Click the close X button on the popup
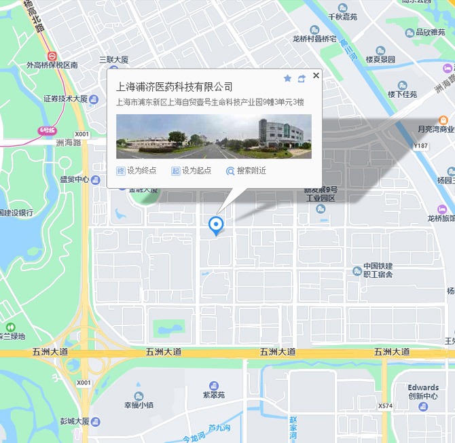pos(316,76)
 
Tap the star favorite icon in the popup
pos(287,79)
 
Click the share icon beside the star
pos(302,79)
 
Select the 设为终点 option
pos(136,171)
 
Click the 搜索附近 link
pos(246,171)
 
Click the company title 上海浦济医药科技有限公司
pos(175,87)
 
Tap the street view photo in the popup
pos(214,136)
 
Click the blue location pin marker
pos(216,225)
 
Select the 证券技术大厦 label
pos(66,99)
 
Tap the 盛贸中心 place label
pos(75,179)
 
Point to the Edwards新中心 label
pos(423,392)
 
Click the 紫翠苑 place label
pos(214,394)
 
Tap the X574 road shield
pos(386,406)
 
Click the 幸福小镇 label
pos(139,405)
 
